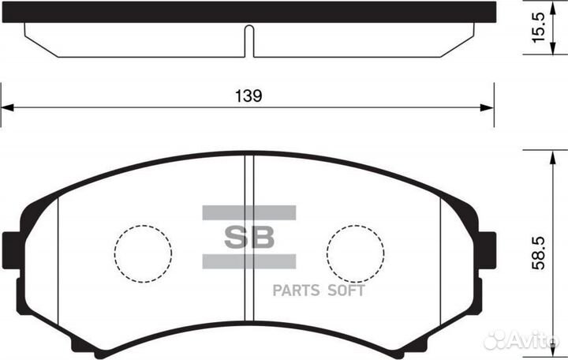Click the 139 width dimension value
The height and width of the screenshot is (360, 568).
coord(248,96)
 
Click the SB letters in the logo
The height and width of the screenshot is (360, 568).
coord(248,237)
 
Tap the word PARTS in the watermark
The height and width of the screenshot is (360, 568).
coord(297,290)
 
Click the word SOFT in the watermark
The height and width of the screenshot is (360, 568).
coord(346,290)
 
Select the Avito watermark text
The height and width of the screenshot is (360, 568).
coord(536,340)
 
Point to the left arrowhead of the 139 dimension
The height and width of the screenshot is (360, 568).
coord(6,108)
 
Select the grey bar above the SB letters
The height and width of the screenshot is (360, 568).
coord(248,212)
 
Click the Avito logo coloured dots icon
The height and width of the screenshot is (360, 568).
coord(495,340)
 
